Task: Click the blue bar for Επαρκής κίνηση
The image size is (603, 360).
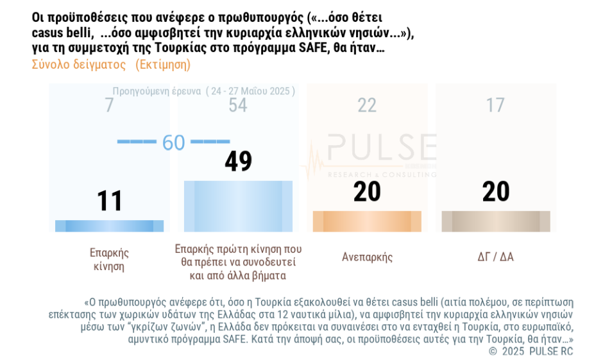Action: click(x=105, y=226)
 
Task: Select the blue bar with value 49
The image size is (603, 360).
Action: click(x=238, y=206)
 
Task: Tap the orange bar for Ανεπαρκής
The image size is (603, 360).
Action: click(x=367, y=221)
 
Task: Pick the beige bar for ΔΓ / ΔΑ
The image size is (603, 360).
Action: click(x=496, y=221)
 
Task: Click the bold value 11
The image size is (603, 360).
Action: click(x=110, y=201)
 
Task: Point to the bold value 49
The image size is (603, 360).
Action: click(x=238, y=162)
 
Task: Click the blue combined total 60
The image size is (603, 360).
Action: click(x=173, y=142)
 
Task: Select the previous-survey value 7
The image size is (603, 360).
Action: click(x=110, y=105)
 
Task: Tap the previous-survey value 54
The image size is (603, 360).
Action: click(x=238, y=105)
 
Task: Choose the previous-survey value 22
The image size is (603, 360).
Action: click(x=367, y=105)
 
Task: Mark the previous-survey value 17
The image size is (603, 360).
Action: click(x=495, y=105)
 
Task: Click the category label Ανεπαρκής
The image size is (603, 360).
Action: click(x=367, y=257)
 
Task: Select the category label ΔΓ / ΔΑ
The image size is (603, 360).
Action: click(x=496, y=257)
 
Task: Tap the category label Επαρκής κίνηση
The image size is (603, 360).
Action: click(x=110, y=259)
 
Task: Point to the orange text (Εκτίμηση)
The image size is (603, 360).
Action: click(x=163, y=65)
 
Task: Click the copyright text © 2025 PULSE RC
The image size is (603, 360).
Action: click(x=531, y=351)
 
